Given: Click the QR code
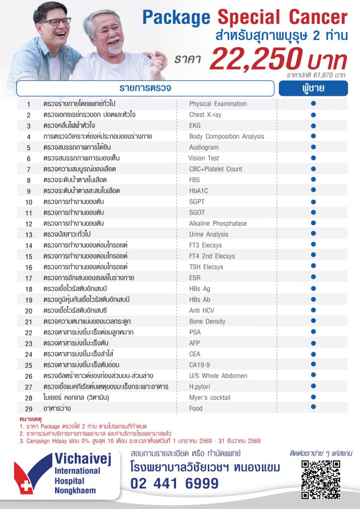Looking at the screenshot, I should click(321, 479).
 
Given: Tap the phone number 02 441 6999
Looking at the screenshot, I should click(175, 483).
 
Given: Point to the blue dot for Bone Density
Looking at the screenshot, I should click(313, 321).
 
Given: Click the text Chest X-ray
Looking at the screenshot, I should click(205, 114).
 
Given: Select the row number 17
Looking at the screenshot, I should click(29, 278).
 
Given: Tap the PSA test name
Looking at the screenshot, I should click(195, 332).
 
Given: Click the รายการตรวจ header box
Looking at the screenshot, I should click(145, 88).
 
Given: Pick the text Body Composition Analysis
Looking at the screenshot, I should click(227, 136).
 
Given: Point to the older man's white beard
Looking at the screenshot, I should click(115, 49).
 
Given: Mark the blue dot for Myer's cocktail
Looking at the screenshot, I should click(313, 397).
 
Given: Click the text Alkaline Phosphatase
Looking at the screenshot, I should click(218, 223).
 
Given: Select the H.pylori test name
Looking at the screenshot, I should click(199, 386).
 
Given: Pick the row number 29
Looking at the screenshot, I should click(29, 409).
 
